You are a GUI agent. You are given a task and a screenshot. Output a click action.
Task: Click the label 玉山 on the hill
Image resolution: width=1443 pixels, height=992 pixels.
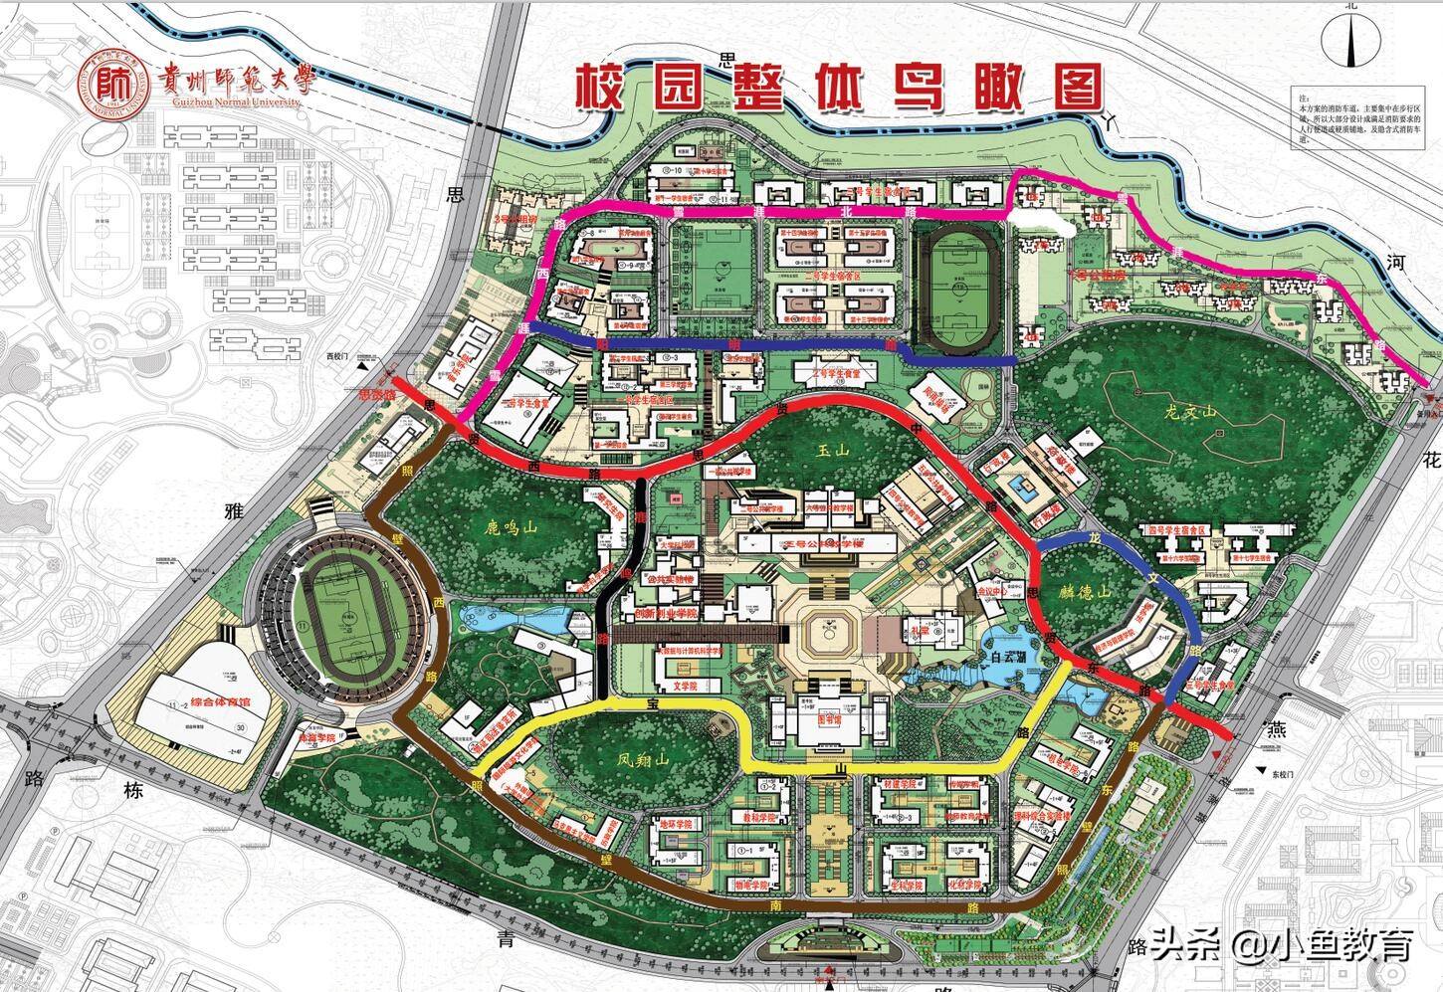pos(832,451)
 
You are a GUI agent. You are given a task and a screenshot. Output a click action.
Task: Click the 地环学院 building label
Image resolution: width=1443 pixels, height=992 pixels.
pos(678,825)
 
